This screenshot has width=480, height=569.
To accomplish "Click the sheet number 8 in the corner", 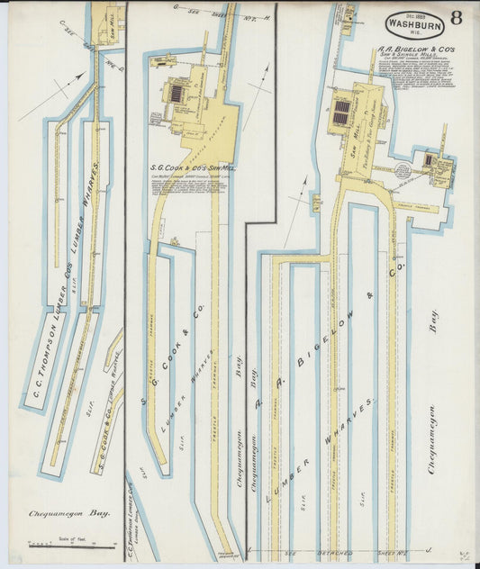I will pos(457,17).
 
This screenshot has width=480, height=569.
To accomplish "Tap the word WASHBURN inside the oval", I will pos(414,25).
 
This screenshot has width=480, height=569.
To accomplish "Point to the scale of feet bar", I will pos(72,546).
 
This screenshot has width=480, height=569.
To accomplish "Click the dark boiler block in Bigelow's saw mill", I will pos(341,113).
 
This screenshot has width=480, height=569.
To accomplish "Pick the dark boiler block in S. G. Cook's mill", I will pos(177,93).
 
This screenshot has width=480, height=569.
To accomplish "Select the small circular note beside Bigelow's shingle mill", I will pos(403,168).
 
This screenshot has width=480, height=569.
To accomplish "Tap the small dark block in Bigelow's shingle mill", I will pos(430,160).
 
